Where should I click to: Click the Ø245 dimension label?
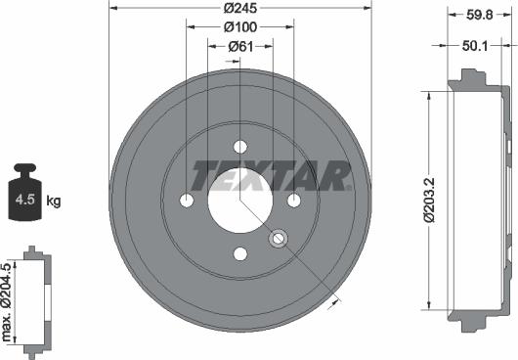pyautogui.click(x=239, y=8)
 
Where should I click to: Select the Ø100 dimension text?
pyautogui.click(x=239, y=26)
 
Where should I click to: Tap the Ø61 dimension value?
pyautogui.click(x=239, y=46)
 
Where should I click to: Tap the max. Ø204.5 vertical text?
pyautogui.click(x=9, y=303)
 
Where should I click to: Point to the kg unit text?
pyautogui.click(x=53, y=202)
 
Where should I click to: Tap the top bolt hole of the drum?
pyautogui.click(x=239, y=146)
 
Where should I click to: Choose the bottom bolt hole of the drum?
pyautogui.click(x=239, y=253)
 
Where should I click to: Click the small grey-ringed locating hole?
pyautogui.click(x=278, y=237)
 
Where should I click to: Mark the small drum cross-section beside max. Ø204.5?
pyautogui.click(x=36, y=303)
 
